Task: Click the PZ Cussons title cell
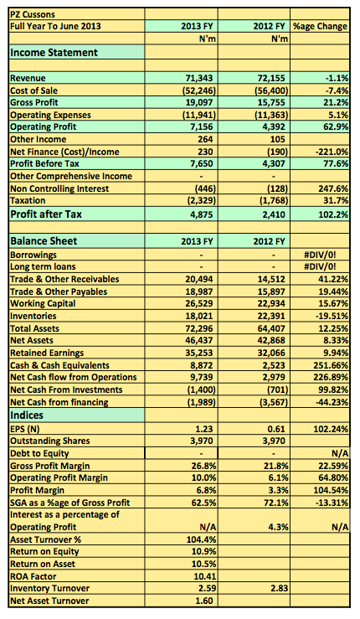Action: pyautogui.click(x=33, y=14)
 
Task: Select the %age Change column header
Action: pyautogui.click(x=320, y=27)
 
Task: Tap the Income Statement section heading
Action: pyautogui.click(x=54, y=53)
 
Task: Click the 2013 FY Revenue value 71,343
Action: pyautogui.click(x=199, y=78)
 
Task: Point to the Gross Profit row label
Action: pyautogui.click(x=34, y=103)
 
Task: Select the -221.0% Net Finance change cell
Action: pyautogui.click(x=331, y=152)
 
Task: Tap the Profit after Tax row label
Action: pyautogui.click(x=46, y=214)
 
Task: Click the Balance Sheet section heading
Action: pyautogui.click(x=44, y=241)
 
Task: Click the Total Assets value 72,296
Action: pyautogui.click(x=199, y=328)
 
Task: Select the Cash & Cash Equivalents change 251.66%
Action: pyautogui.click(x=331, y=365)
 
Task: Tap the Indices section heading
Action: pyautogui.click(x=27, y=415)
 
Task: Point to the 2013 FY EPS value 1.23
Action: pyautogui.click(x=204, y=429)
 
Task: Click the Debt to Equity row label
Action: pyautogui.click(x=39, y=454)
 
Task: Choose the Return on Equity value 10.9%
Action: pyautogui.click(x=203, y=551)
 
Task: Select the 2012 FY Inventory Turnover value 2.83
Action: pyautogui.click(x=280, y=588)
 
